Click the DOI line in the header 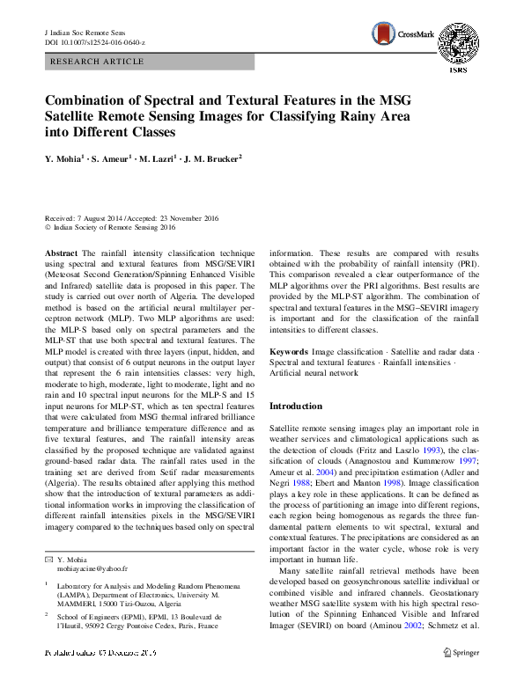[x=94, y=42]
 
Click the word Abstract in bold [x=62, y=253]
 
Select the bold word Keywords [x=289, y=351]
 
